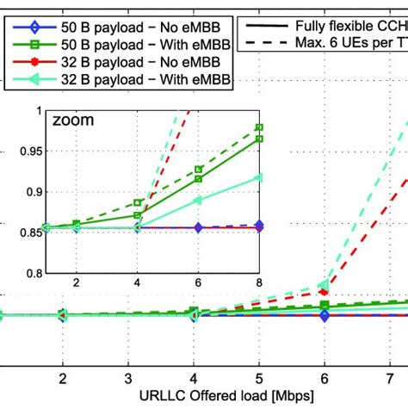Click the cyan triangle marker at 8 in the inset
coord(258,177)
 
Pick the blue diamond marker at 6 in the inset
coord(198,228)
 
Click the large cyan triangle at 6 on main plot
coord(325,284)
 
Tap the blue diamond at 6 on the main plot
coord(325,317)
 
